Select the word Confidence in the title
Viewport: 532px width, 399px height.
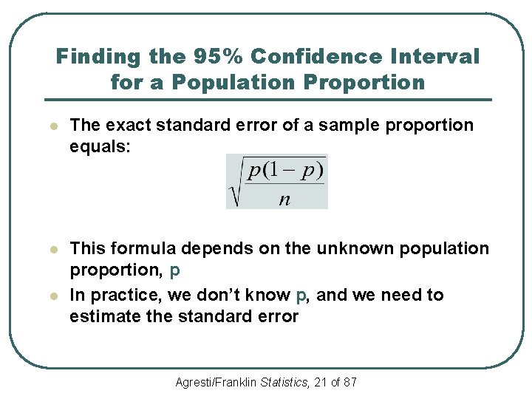[x=310, y=56]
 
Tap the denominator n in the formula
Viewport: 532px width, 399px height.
[x=284, y=200]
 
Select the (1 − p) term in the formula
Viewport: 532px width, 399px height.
[x=296, y=171]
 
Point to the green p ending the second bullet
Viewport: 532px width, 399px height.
[x=174, y=271]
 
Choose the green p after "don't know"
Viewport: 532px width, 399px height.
[x=300, y=296]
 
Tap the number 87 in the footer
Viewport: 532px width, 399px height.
[x=350, y=382]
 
